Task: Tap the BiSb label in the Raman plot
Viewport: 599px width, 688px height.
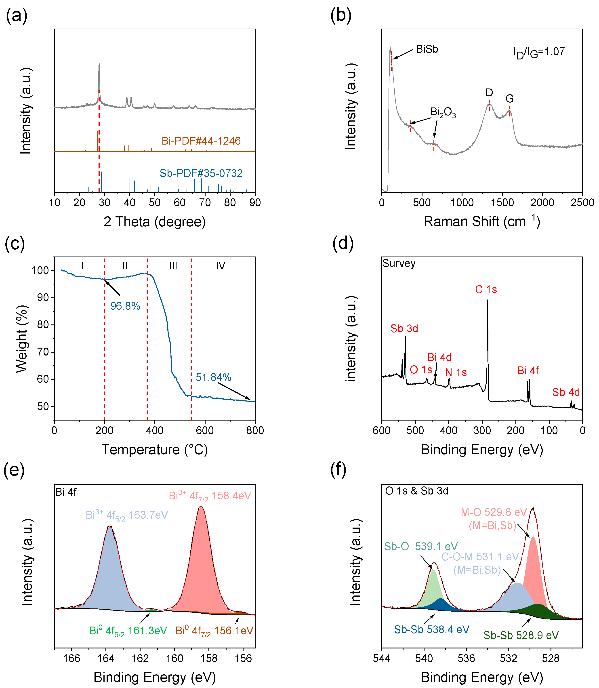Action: [x=427, y=49]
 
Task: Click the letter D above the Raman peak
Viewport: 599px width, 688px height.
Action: [x=489, y=93]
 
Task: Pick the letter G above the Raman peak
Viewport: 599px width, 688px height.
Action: [x=509, y=99]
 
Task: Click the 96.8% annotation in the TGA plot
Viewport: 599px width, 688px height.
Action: [x=125, y=306]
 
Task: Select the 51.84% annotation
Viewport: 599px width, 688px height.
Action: [x=213, y=377]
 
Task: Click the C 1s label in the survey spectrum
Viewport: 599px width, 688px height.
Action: [x=486, y=290]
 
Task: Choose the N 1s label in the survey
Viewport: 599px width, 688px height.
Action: [x=456, y=372]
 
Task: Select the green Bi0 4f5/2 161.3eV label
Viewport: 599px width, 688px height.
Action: [x=128, y=631]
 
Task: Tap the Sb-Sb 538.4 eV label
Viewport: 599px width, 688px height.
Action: [x=431, y=629]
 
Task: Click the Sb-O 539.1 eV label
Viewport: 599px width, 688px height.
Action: [x=421, y=547]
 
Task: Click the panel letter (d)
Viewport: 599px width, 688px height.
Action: [x=343, y=243]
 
